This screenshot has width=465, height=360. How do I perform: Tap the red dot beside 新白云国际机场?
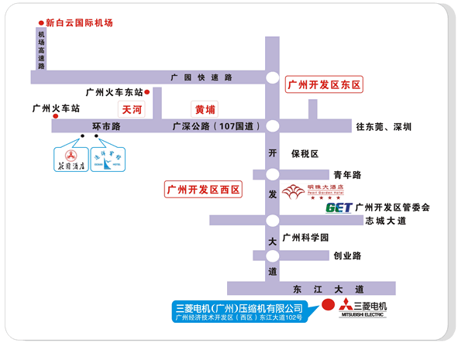coord(41,23)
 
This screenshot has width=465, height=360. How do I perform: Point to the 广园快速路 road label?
coord(202,77)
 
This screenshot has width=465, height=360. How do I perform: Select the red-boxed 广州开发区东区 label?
coord(324,84)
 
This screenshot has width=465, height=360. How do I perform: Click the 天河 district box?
coord(132,110)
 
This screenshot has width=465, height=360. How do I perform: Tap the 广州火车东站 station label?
coord(114,92)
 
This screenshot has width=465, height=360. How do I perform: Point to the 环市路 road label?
coord(106,126)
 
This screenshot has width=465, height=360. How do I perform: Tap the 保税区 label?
coord(305,153)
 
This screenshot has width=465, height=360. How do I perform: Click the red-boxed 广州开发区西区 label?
coord(203,189)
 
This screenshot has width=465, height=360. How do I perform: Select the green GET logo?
coord(339,207)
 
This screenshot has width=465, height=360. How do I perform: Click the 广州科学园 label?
coord(306,238)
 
